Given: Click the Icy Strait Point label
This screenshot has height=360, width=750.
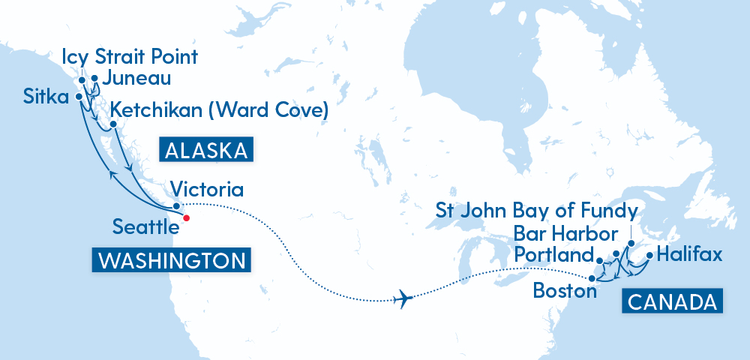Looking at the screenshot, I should coord(131,57).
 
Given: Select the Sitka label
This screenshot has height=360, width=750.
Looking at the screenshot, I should coord(46,97).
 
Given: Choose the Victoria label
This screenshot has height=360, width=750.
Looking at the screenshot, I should coord(206,187).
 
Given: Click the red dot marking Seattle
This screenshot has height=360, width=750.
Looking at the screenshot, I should coord(186,218).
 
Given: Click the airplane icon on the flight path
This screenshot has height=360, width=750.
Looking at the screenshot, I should coord(403,298).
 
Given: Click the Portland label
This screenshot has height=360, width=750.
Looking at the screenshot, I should coord(555,255).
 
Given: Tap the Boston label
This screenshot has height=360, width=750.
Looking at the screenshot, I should coord(565,290).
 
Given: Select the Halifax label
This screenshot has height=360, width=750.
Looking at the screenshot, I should coord(689,255).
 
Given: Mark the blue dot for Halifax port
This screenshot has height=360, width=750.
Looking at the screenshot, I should coord(649,265).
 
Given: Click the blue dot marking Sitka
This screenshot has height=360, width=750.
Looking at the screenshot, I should coord(79,97).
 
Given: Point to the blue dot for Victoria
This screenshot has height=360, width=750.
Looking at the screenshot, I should coord(175,205).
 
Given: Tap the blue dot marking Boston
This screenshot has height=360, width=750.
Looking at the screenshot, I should coord(592,279).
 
